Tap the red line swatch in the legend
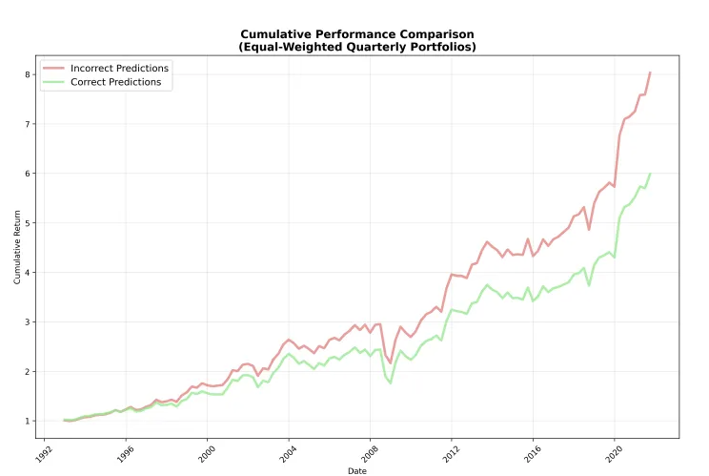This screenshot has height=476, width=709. click(x=53, y=69)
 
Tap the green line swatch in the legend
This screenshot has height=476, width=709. click(x=53, y=83)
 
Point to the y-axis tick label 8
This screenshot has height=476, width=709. click(x=30, y=74)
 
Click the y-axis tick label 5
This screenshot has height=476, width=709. click(x=30, y=223)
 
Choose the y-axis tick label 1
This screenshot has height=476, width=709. click(x=30, y=422)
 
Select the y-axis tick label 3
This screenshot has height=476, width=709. click(x=30, y=322)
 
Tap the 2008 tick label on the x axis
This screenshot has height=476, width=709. click(x=369, y=450)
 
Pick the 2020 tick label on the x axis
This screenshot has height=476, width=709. click(x=612, y=450)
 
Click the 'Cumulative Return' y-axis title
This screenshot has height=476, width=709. click(x=17, y=248)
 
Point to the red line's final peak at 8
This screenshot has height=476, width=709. click(x=650, y=72)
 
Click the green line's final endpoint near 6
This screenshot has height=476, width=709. click(x=650, y=175)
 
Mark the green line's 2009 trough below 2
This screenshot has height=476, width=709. click(x=390, y=383)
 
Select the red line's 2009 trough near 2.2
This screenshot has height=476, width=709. click(x=390, y=362)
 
